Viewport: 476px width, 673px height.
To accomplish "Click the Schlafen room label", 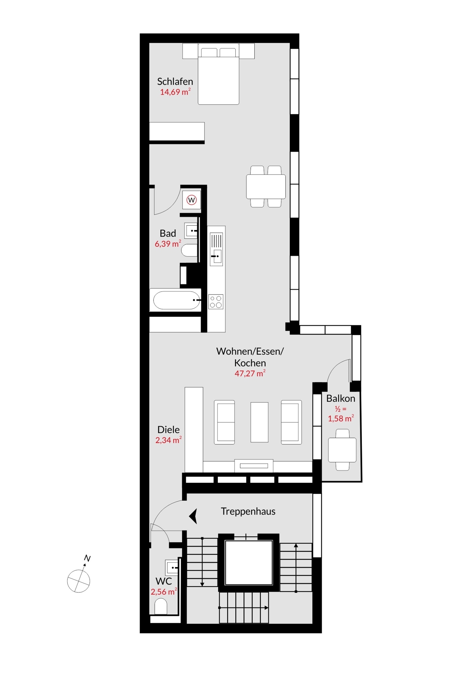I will point(175,82).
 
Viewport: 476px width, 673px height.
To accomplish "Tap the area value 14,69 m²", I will point(175,92).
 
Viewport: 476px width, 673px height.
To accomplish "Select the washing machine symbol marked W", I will point(192,200).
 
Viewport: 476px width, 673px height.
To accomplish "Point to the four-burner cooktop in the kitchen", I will point(216,302).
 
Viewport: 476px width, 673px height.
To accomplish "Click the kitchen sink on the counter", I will point(216,257).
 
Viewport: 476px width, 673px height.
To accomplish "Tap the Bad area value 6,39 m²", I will point(168,244).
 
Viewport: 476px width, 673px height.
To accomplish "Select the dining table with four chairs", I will point(266,186).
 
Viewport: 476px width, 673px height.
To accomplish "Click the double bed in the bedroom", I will point(218,75).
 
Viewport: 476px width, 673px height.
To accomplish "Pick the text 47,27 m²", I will point(250,374).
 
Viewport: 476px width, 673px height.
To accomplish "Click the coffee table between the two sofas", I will point(259,422).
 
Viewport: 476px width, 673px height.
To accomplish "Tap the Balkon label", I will point(340,399).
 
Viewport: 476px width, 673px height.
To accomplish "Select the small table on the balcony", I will point(342,450).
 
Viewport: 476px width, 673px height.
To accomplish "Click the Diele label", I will point(168,430).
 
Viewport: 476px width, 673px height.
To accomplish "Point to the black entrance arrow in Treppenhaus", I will point(194,516).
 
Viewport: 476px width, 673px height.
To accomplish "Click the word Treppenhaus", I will point(248,511).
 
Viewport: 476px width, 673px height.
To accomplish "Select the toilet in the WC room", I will point(161,606).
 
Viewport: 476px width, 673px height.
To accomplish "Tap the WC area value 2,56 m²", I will point(163,592).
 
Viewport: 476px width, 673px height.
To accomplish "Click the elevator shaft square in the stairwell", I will point(249,563).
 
